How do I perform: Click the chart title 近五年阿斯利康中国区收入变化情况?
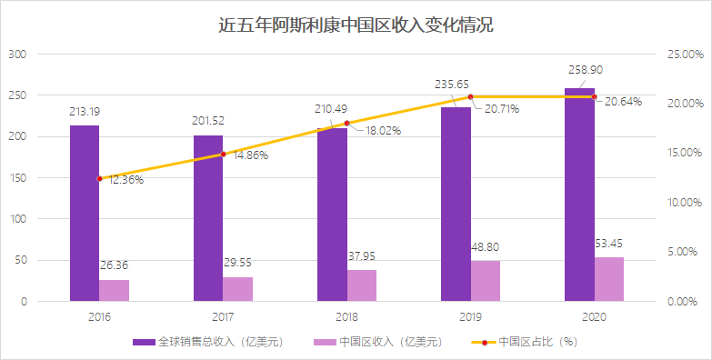pos(356,25)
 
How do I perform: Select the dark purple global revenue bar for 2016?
pos(85,213)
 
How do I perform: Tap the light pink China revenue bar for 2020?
pos(609,279)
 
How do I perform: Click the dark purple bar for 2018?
pos(332,215)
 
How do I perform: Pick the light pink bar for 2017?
pos(238,289)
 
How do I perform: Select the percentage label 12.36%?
pos(120,179)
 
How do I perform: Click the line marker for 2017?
pos(223,154)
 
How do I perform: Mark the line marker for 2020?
pos(594,96)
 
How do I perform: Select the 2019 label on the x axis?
pos(470,315)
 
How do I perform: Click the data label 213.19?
pos(85,111)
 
